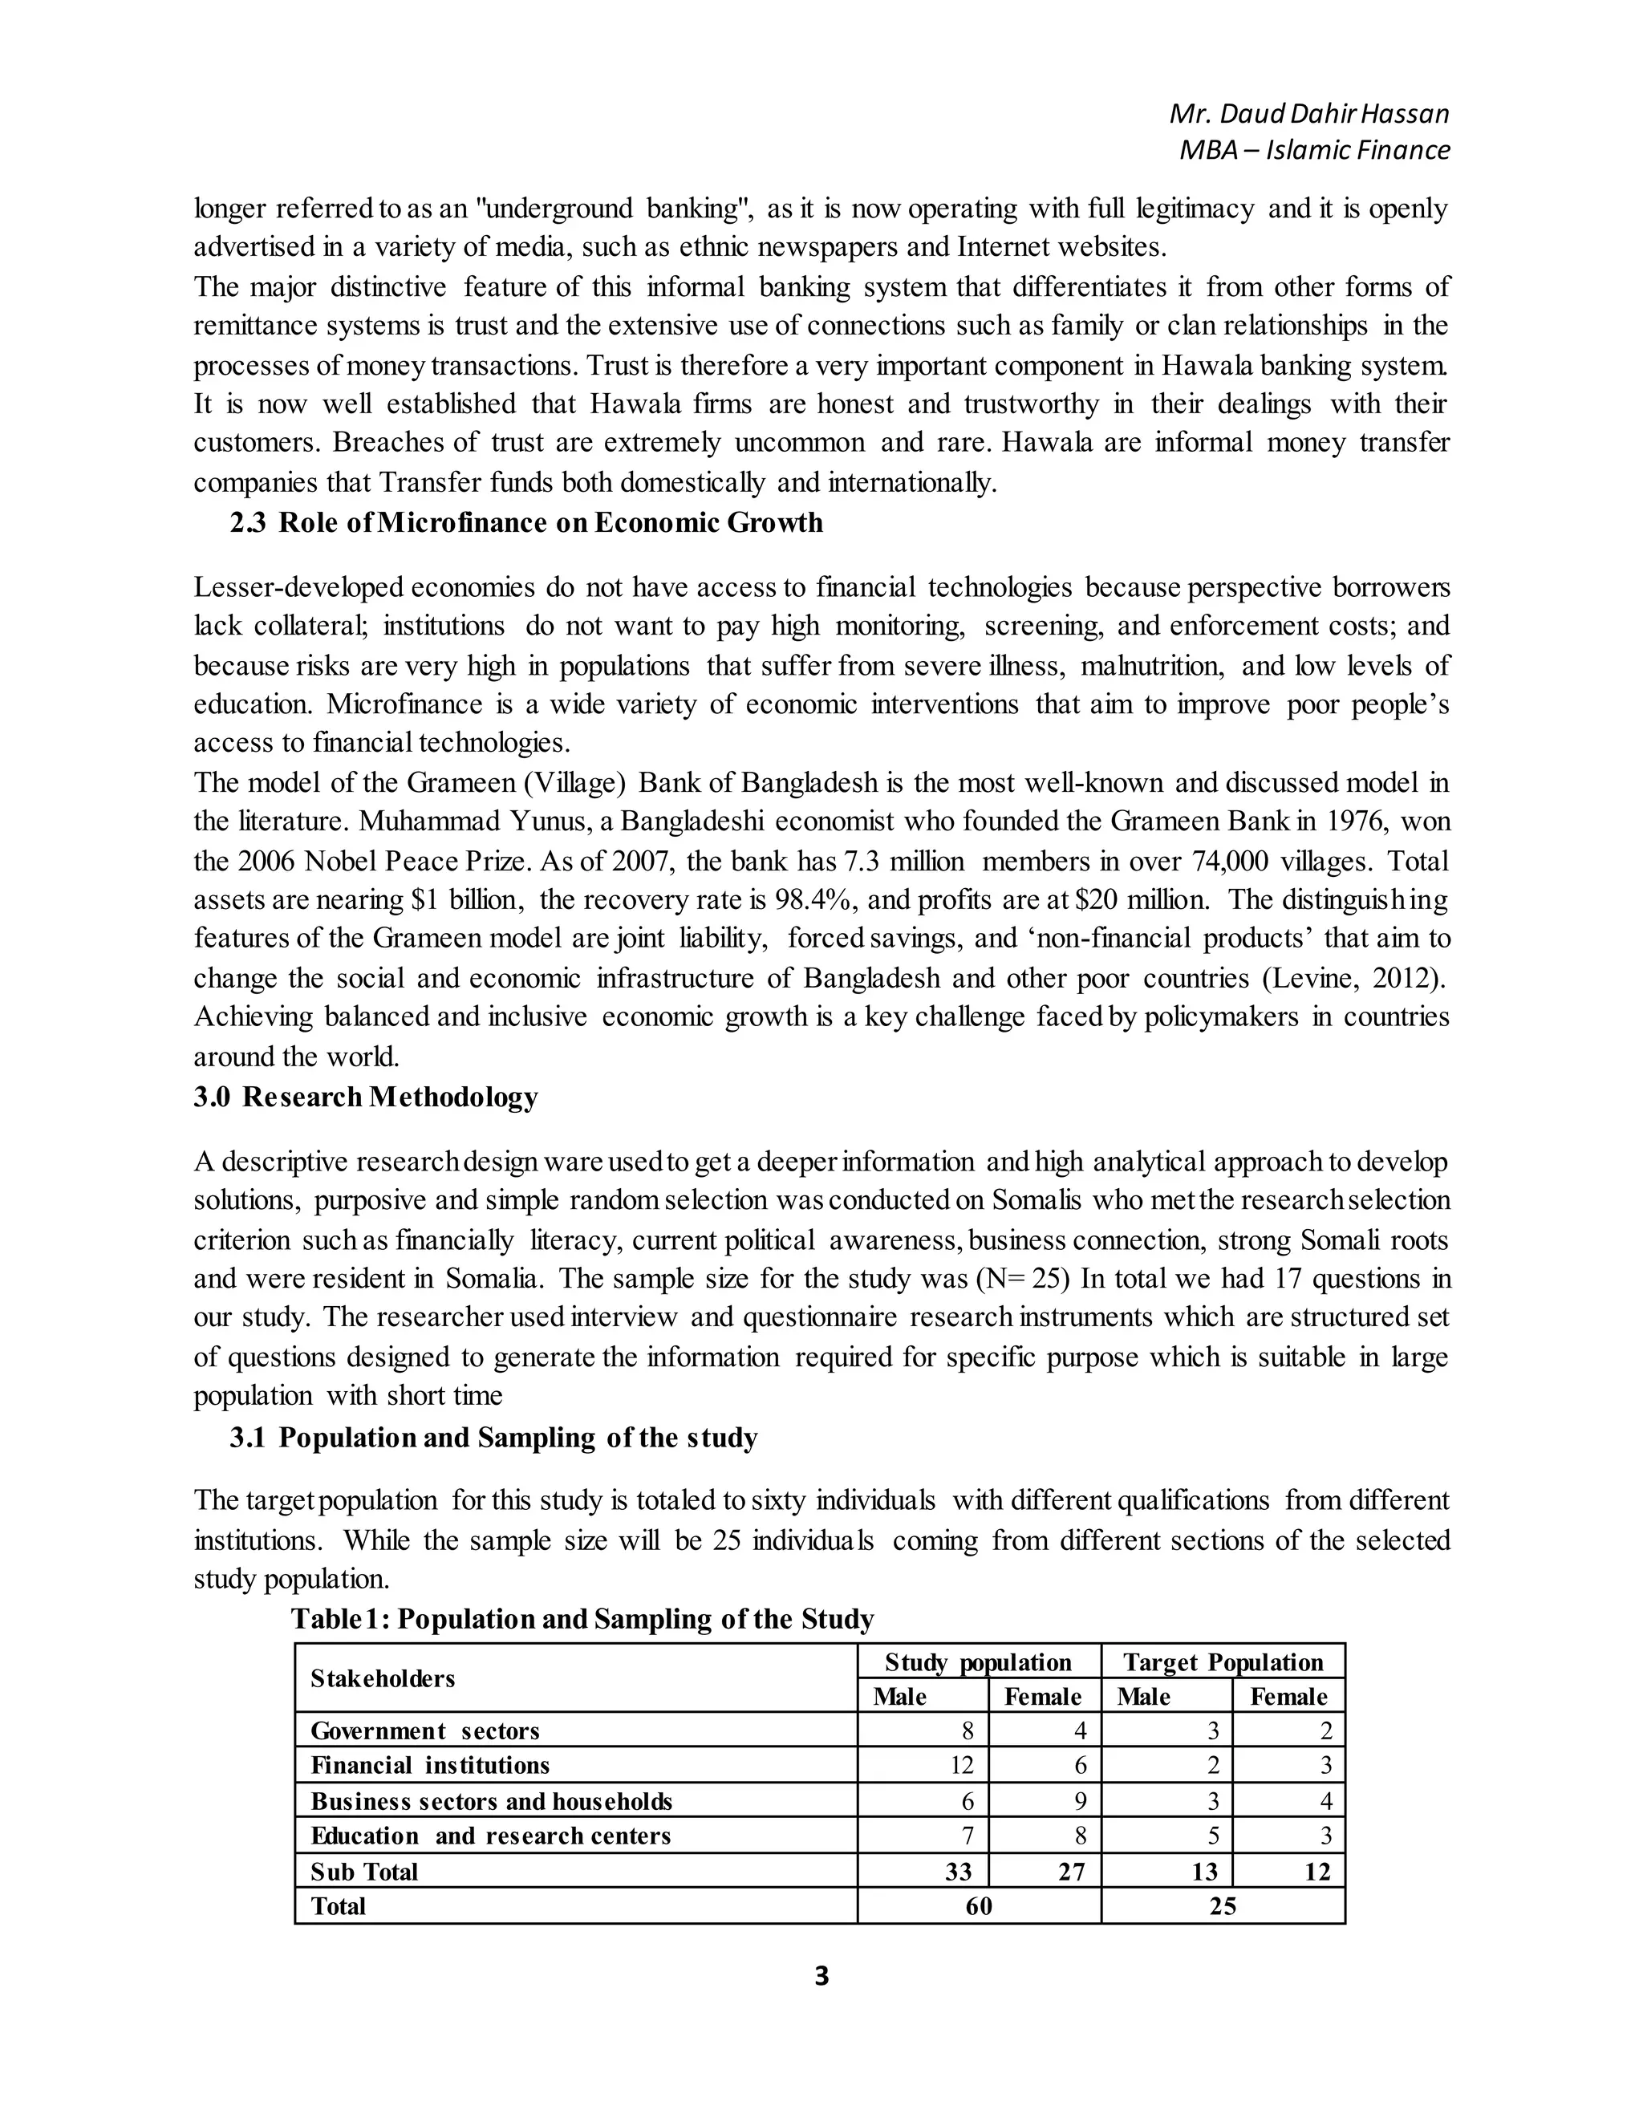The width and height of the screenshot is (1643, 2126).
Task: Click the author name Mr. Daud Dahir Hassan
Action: [1308, 114]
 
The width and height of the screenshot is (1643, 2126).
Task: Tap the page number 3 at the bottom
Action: [821, 1975]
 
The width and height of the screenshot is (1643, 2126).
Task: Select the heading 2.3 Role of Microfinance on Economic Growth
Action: [525, 523]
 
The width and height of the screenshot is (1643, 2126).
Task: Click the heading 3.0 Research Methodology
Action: [365, 1096]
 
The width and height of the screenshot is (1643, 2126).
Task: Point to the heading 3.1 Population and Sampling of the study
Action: [493, 1437]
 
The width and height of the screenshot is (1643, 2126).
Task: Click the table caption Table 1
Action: [582, 1618]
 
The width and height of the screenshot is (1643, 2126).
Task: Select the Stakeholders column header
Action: [383, 1678]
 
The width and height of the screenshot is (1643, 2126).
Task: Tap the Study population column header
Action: [977, 1661]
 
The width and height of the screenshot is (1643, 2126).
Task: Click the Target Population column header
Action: [1223, 1661]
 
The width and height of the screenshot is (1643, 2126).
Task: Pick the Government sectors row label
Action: [424, 1730]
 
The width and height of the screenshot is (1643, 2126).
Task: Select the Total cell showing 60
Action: [978, 1906]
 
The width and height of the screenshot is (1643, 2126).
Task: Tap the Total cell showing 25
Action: [1223, 1906]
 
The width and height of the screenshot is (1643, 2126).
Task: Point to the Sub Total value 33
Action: [958, 1871]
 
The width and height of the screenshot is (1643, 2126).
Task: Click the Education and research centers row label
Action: [490, 1836]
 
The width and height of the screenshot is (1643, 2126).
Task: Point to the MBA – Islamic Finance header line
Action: [1314, 150]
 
